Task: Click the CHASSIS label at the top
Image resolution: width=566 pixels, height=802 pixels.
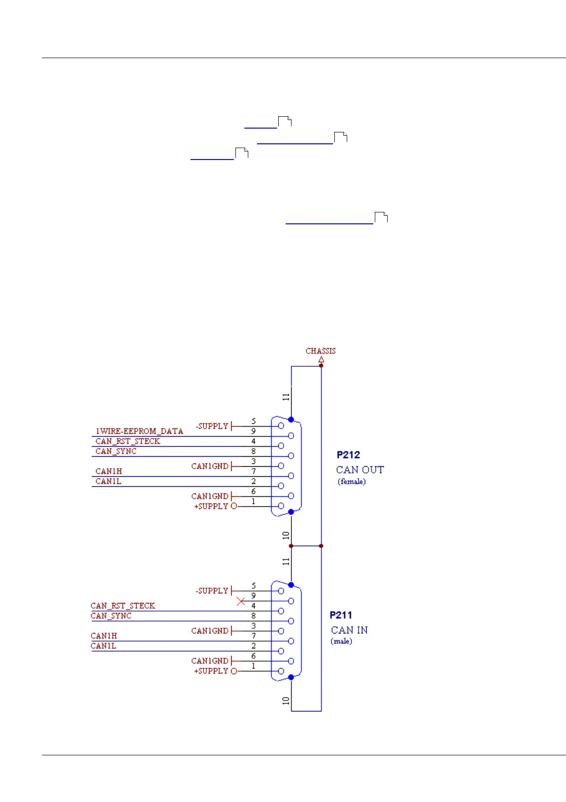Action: point(320,351)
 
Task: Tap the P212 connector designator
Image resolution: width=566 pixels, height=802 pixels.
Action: point(348,455)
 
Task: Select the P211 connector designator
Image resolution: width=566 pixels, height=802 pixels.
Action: point(341,615)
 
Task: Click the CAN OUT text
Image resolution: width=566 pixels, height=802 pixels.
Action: point(360,470)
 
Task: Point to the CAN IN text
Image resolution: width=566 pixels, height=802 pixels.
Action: point(349,630)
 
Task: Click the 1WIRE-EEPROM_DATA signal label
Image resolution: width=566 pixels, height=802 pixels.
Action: point(139,431)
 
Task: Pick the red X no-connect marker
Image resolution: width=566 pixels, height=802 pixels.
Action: point(241,601)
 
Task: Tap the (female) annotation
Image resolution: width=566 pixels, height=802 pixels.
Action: point(351,481)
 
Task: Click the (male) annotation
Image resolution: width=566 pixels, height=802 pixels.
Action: point(341,641)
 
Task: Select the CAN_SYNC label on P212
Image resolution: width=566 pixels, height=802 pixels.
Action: point(116,451)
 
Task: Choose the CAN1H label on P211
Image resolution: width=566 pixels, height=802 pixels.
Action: point(104,636)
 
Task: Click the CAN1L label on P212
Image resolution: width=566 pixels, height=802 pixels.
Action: point(108,481)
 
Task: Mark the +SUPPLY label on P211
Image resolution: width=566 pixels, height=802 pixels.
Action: point(211,671)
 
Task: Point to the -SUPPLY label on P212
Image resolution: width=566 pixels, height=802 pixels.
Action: point(212,426)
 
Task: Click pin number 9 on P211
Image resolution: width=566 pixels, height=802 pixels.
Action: point(254,596)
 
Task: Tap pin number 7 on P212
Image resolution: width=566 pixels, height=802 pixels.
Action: point(254,471)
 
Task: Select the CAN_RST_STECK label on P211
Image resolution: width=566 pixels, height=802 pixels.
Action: point(123,606)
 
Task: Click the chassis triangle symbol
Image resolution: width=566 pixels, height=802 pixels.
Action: point(321,360)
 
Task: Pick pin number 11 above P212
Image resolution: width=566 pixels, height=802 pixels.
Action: point(285,397)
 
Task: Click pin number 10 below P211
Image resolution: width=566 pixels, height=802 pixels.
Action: point(285,701)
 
